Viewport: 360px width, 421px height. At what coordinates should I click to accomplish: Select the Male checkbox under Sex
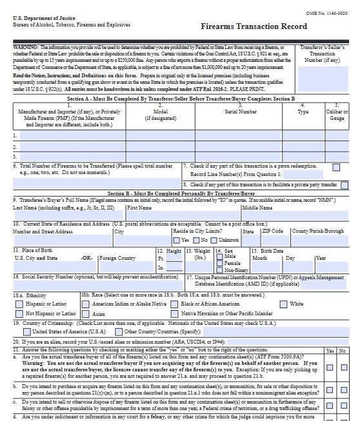[x=219, y=257]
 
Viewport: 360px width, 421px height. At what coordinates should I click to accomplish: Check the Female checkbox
[x=219, y=263]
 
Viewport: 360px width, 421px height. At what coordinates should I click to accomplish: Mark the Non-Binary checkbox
[x=219, y=270]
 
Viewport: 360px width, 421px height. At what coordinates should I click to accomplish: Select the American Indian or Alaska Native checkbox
[x=86, y=304]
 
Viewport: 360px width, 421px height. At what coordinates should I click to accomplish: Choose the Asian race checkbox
[x=86, y=314]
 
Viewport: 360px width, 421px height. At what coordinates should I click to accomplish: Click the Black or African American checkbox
[x=174, y=304]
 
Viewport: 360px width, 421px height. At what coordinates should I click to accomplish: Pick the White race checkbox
[x=283, y=304]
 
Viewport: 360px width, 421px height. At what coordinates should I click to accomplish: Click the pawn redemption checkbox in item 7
[x=336, y=167]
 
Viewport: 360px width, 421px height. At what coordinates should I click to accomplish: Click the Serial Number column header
[x=222, y=112]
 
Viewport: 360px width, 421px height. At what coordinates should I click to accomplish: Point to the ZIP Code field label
[x=273, y=231]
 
